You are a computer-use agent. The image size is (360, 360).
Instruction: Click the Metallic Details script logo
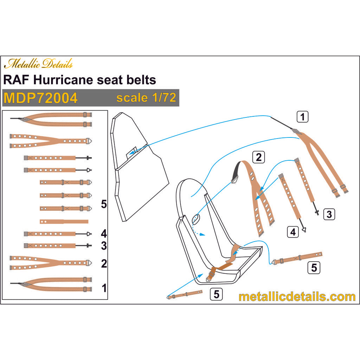[39, 64]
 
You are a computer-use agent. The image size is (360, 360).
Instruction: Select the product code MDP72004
[40, 98]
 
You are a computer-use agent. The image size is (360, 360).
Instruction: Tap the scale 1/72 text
[146, 97]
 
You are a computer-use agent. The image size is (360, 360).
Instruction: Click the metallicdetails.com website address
[297, 296]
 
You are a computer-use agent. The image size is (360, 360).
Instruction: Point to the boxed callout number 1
[302, 116]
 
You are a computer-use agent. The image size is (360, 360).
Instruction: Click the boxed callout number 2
[259, 157]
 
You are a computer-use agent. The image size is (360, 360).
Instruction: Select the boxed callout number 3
[328, 214]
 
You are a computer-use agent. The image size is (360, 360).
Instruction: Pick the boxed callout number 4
[293, 232]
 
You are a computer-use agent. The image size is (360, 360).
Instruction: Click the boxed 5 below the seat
[217, 294]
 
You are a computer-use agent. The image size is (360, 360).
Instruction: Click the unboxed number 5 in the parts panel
[104, 204]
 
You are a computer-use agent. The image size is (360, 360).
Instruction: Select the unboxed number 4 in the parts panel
[104, 233]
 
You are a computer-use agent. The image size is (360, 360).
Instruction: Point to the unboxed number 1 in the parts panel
[104, 288]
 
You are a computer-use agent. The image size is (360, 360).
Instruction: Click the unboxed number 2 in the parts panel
[104, 263]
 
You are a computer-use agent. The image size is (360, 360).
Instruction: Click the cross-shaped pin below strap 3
[317, 212]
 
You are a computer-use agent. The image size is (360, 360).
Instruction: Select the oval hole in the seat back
[196, 218]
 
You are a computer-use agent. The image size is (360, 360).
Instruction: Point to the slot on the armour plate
[132, 151]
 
